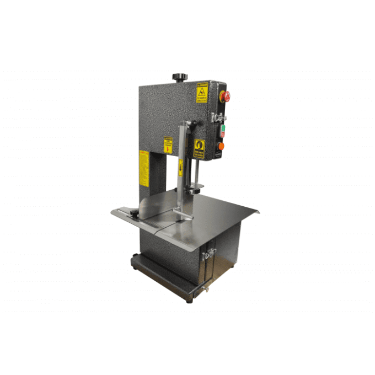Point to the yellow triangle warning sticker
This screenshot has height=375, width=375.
202,93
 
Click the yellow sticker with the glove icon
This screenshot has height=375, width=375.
200,148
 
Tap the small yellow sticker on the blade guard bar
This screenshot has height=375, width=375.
181,167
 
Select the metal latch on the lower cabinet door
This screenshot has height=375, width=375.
209,254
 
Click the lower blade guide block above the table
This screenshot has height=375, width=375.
195,190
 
